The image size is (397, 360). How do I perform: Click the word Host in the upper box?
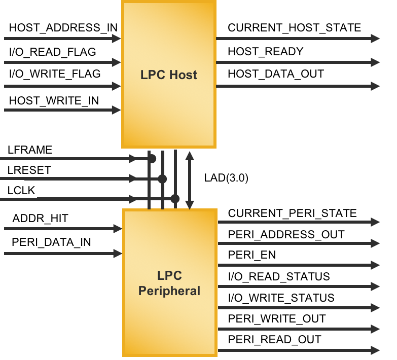pos(183,75)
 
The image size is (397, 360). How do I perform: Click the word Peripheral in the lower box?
pos(169,292)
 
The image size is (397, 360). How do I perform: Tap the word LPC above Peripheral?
pos(169,276)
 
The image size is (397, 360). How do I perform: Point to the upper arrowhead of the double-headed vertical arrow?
pos(190,155)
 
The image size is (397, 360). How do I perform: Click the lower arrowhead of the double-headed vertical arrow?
pos(190,204)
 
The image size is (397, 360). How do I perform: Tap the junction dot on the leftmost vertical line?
pos(151,159)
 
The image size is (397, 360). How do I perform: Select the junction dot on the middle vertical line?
pos(162,179)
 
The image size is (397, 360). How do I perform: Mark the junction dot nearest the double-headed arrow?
pos(175,199)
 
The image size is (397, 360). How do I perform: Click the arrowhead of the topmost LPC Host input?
pos(117,39)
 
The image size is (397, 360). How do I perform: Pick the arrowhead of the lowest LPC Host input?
pos(117,110)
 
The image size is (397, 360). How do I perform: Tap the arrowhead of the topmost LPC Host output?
pos(376,39)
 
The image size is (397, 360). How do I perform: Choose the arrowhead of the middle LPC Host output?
pos(376,62)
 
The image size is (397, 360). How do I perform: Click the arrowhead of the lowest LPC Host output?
pos(376,86)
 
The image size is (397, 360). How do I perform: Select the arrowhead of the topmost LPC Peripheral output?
pos(376,222)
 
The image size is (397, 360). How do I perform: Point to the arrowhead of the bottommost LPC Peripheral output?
pos(376,350)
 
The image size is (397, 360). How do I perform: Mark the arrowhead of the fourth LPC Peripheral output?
pos(376,286)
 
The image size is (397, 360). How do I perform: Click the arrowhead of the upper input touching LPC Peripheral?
pos(118,229)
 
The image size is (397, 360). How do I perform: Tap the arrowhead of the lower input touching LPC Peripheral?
pos(118,254)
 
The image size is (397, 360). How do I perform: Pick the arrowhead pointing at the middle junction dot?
pos(133,179)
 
